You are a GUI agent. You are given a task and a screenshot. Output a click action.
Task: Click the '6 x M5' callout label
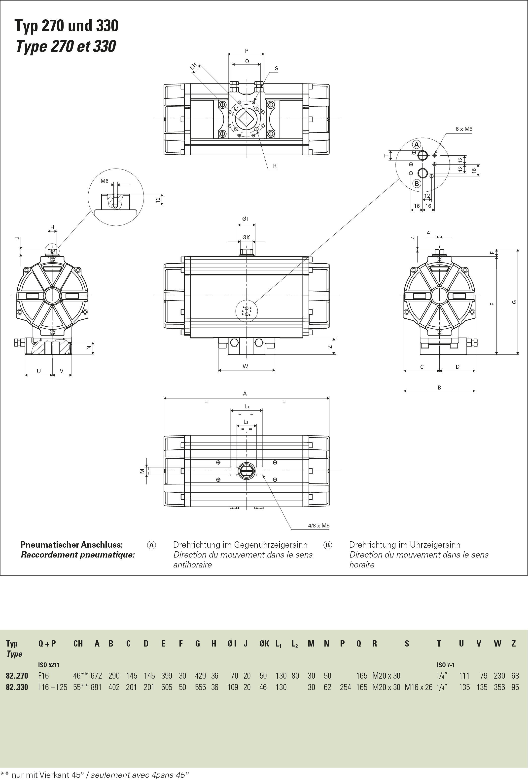(x=464, y=129)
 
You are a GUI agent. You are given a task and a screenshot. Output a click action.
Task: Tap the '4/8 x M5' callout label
(x=318, y=526)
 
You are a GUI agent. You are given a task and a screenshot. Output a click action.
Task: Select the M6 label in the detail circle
(x=105, y=181)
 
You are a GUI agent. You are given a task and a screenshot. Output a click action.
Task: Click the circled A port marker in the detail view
(x=417, y=144)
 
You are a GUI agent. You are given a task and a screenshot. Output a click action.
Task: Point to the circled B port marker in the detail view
(x=417, y=184)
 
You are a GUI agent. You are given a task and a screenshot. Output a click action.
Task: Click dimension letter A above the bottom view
(x=245, y=393)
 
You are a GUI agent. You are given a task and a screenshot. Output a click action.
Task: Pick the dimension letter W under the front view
(x=246, y=366)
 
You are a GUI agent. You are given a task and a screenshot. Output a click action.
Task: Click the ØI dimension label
(x=245, y=219)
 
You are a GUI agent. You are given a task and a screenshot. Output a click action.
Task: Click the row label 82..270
(x=17, y=676)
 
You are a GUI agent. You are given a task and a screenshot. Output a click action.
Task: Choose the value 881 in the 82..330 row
(x=96, y=687)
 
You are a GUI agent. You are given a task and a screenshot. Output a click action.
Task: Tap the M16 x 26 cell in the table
(x=418, y=687)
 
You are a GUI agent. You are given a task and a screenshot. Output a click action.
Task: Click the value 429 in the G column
(x=201, y=676)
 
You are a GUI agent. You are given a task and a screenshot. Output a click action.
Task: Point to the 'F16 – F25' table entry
(x=53, y=687)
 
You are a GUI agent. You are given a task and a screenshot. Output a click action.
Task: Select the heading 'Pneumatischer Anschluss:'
(x=72, y=544)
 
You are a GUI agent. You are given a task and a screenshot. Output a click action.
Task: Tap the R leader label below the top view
(x=275, y=166)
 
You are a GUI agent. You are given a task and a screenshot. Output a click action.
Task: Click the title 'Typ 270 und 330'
(x=66, y=26)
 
